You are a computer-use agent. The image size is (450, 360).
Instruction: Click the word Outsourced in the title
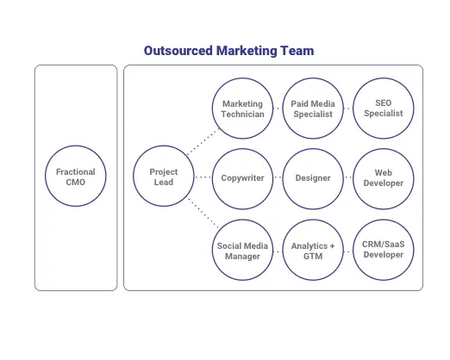(x=178, y=51)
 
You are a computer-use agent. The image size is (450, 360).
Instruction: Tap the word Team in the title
(x=297, y=51)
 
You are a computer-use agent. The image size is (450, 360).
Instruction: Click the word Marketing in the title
(x=247, y=51)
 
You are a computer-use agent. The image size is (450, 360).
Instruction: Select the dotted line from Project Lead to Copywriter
(x=203, y=177)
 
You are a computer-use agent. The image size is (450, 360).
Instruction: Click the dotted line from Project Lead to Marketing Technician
(x=203, y=141)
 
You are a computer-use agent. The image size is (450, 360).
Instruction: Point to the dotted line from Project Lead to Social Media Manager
(x=203, y=213)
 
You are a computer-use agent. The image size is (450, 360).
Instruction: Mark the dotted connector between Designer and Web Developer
(x=348, y=177)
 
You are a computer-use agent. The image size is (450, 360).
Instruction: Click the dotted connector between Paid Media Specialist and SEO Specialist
(x=348, y=109)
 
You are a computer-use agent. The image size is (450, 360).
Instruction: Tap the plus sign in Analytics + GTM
(x=332, y=246)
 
